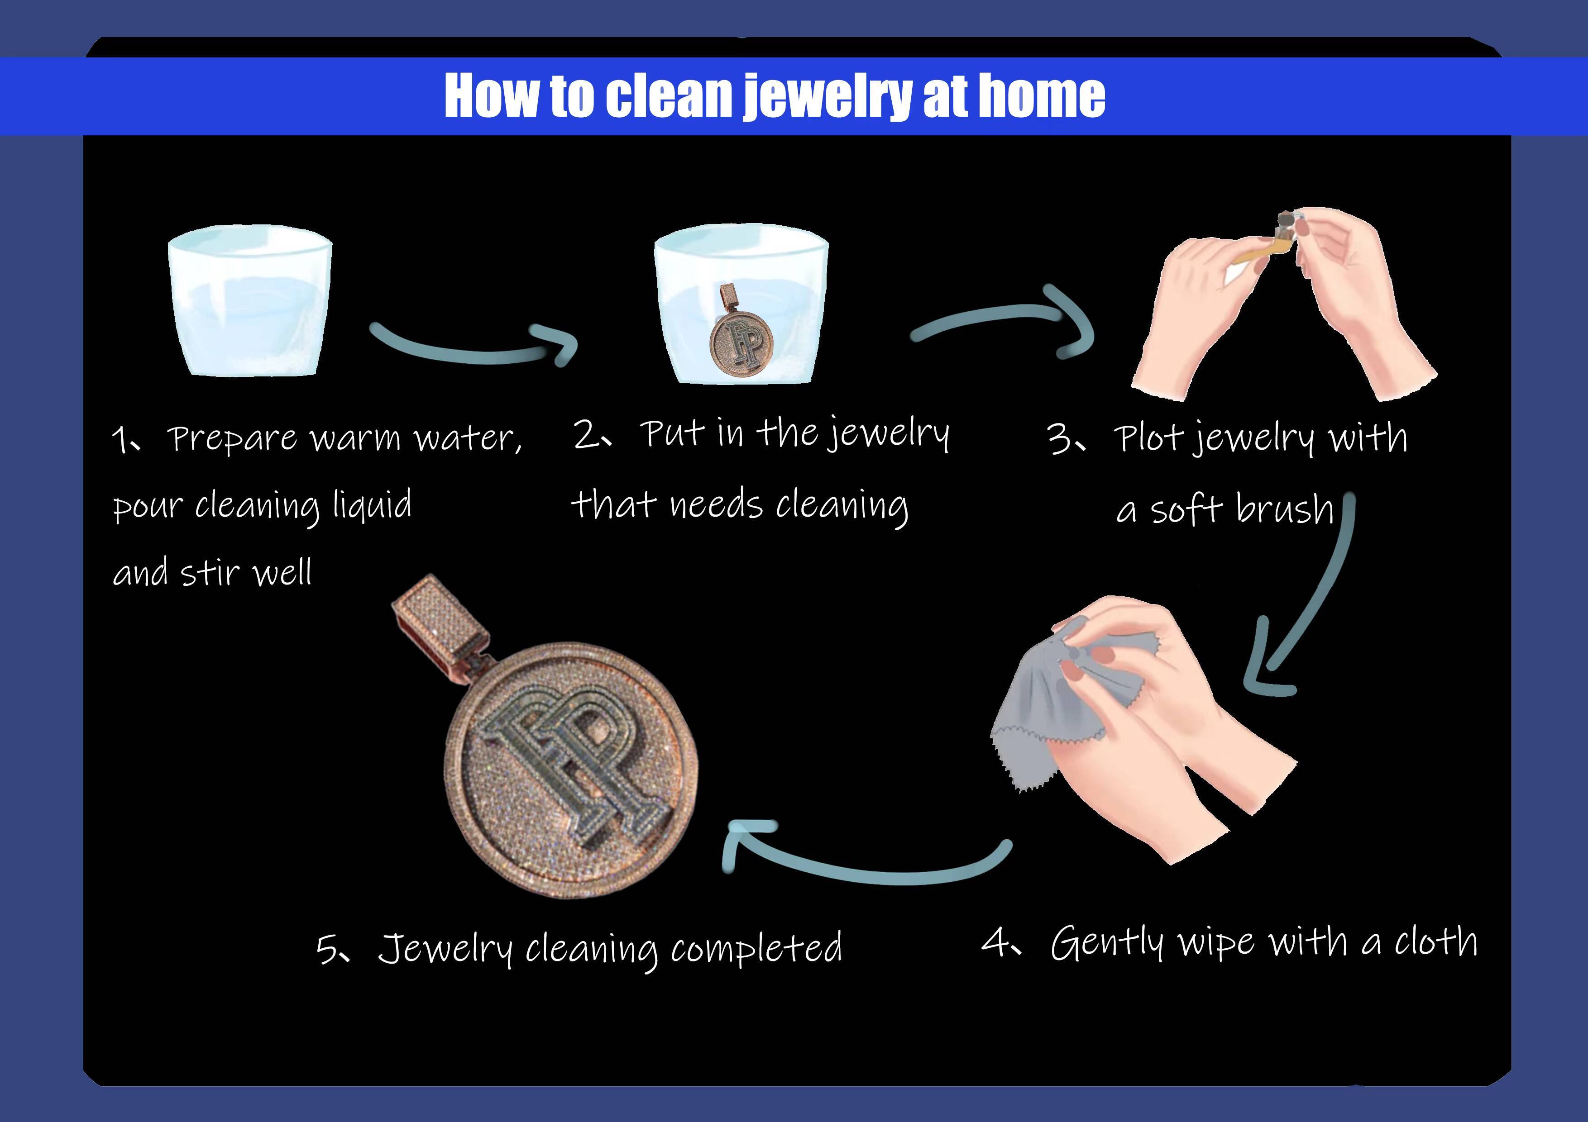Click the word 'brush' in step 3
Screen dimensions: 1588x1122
[x=1284, y=509]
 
